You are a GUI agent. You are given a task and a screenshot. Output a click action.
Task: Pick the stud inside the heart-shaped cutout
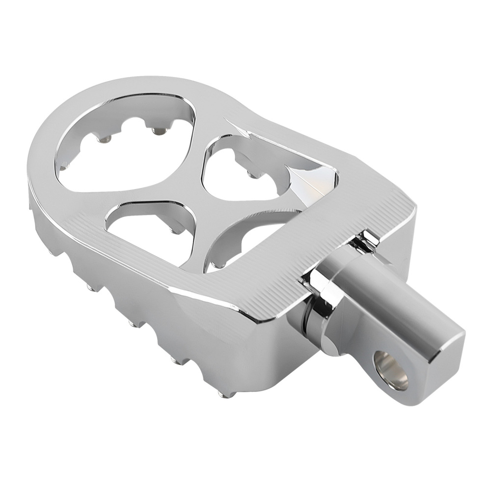252,174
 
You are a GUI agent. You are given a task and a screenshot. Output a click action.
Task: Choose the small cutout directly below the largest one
142,221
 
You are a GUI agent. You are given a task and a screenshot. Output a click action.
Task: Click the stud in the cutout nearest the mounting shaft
217,265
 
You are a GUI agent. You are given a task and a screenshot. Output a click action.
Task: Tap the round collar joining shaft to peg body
314,319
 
